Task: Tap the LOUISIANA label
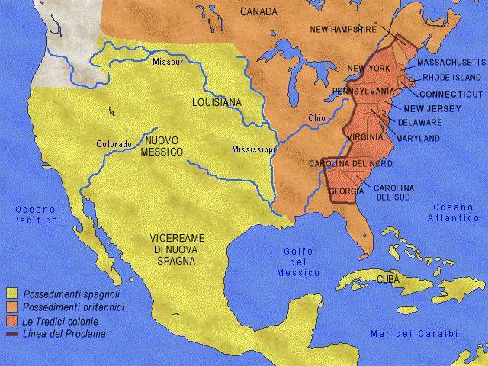tap(217, 101)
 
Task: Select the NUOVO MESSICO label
tap(163, 146)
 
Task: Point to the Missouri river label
tap(169, 62)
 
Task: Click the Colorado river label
tap(114, 143)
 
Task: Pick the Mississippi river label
tap(254, 150)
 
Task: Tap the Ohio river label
tap(316, 118)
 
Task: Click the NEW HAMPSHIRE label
tap(343, 29)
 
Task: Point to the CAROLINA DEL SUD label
tap(394, 193)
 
